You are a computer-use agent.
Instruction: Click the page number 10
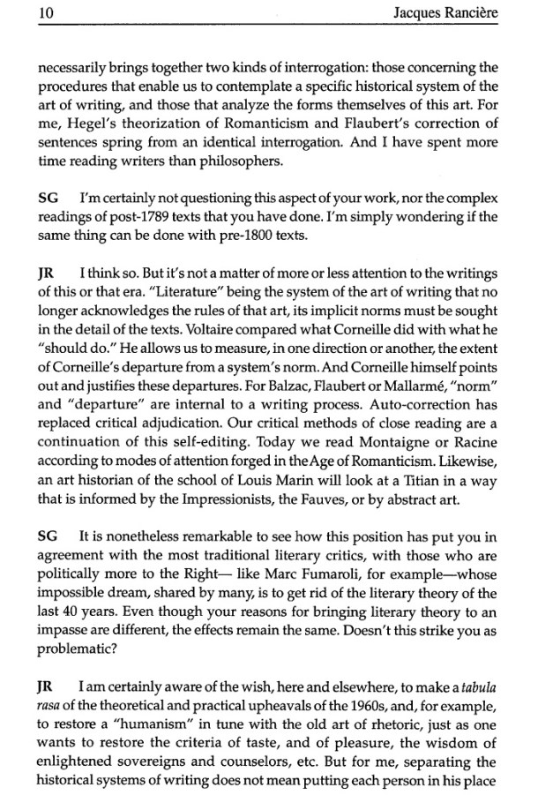point(24,13)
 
